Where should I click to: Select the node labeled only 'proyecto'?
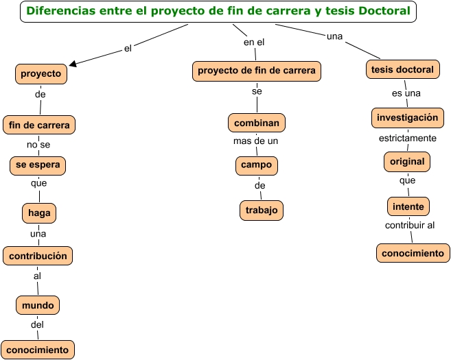tap(41, 73)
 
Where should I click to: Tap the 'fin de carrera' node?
tap(39, 125)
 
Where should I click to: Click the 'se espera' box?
tap(38, 165)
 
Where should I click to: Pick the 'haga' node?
tap(39, 213)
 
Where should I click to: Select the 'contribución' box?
tap(38, 256)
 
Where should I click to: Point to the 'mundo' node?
tap(38, 304)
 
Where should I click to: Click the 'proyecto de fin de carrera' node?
tap(257, 71)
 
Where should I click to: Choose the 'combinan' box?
tap(257, 123)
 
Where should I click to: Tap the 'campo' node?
tap(256, 165)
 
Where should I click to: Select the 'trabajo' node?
tap(261, 211)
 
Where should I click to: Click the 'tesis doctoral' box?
tap(402, 70)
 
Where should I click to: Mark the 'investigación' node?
tap(407, 117)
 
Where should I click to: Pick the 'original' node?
tap(407, 162)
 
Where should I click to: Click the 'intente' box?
tap(408, 206)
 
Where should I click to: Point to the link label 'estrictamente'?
tap(408, 139)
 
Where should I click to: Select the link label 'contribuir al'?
tap(410, 225)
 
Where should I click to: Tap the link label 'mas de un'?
tap(255, 142)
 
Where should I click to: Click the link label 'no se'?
tap(38, 145)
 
